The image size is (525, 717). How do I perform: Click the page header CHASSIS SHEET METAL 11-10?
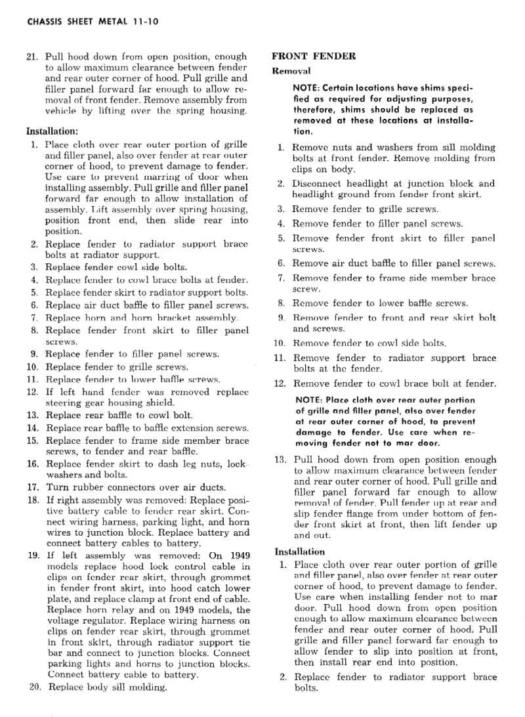point(83,22)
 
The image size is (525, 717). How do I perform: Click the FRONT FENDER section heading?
point(314,56)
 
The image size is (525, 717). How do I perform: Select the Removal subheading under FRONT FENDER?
point(291,70)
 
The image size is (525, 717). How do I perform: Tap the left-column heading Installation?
point(51,130)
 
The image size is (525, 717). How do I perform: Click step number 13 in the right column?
point(280,460)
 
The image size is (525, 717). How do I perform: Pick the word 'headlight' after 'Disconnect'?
point(371,183)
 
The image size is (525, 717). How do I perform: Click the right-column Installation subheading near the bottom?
point(299,552)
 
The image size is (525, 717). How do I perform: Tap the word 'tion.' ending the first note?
point(304,131)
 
